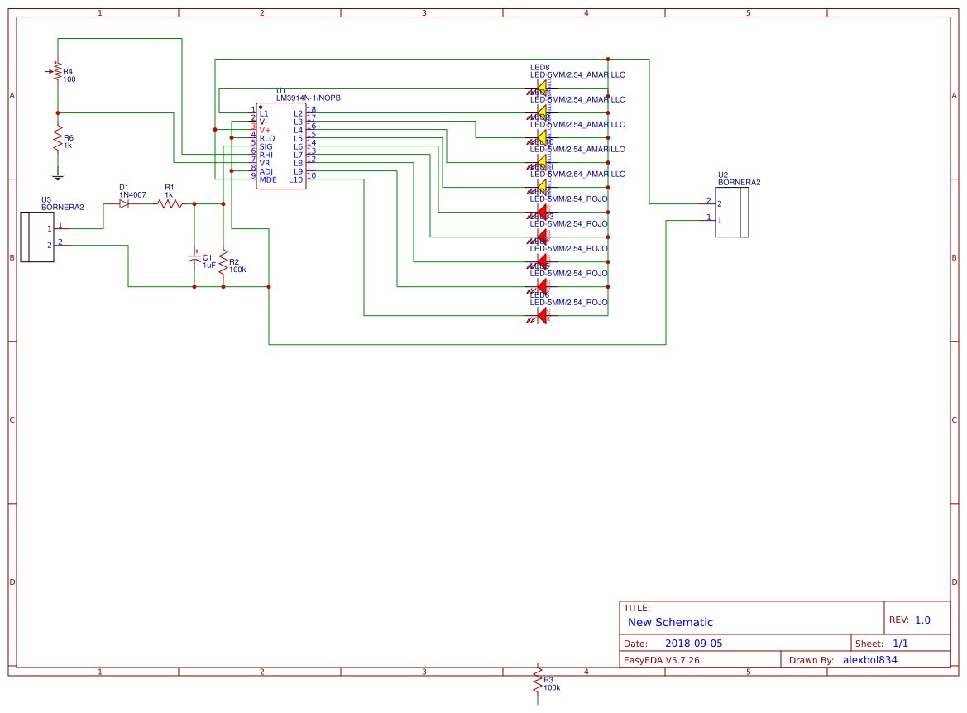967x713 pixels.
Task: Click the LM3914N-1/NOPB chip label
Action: (x=309, y=98)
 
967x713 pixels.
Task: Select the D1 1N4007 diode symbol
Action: (x=124, y=203)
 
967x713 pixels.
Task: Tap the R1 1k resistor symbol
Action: (x=170, y=203)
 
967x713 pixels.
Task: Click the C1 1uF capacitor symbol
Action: (x=194, y=260)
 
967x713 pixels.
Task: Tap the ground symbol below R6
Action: (x=58, y=175)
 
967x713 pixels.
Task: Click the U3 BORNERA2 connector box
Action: (x=36, y=237)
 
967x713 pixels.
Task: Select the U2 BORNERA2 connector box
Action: (x=732, y=213)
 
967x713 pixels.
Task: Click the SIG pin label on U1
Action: (x=266, y=146)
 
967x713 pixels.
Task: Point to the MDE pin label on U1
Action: (x=268, y=179)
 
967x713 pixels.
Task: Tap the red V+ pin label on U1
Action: (x=266, y=130)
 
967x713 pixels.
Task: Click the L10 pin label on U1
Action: (x=295, y=179)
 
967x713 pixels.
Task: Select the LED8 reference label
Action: (x=540, y=67)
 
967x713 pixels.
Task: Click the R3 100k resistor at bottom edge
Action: (x=539, y=682)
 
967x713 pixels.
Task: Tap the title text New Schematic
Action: (x=670, y=622)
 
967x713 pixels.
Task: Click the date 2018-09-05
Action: (x=693, y=644)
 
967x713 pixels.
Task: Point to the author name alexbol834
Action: (x=869, y=660)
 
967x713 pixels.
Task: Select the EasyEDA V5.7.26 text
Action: (x=661, y=660)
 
